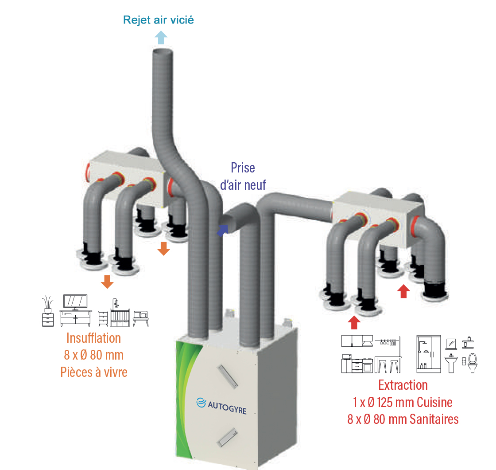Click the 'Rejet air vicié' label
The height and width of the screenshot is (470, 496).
coord(159,20)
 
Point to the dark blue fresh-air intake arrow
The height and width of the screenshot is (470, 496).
coord(222,229)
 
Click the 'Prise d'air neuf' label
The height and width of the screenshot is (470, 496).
coord(243,176)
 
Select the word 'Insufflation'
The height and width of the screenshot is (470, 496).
coord(93,338)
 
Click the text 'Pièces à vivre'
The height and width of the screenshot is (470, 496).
coord(94,372)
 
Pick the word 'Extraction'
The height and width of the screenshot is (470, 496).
coord(403,385)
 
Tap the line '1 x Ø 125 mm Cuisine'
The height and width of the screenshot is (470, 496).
coord(403,402)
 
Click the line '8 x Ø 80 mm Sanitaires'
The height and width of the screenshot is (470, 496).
coord(403,419)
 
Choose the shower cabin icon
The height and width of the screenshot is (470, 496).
coord(428,353)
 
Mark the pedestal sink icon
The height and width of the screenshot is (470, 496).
coord(451,363)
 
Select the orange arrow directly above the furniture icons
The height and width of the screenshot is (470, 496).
coord(107,281)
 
